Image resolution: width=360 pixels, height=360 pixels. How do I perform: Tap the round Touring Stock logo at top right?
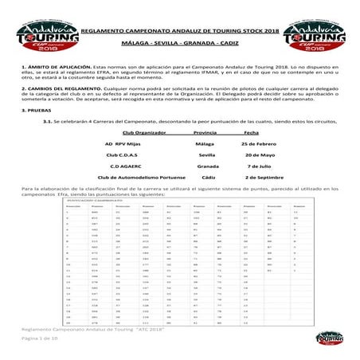pyautogui.click(x=327, y=25)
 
